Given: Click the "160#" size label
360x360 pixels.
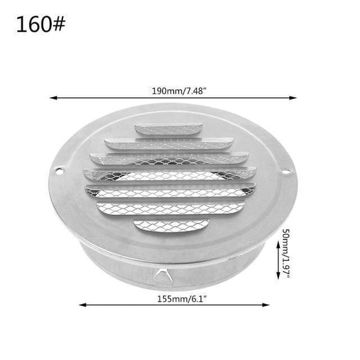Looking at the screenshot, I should coord(41,25).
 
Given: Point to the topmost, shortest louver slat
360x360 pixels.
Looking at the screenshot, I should coord(169,129).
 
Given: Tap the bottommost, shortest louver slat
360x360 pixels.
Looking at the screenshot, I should coord(172,225).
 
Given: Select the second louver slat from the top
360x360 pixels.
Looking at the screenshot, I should coord(169,144).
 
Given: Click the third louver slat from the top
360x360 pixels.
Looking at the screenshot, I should coord(169,159).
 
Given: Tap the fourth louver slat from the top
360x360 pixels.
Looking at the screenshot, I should coord(169,175).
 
